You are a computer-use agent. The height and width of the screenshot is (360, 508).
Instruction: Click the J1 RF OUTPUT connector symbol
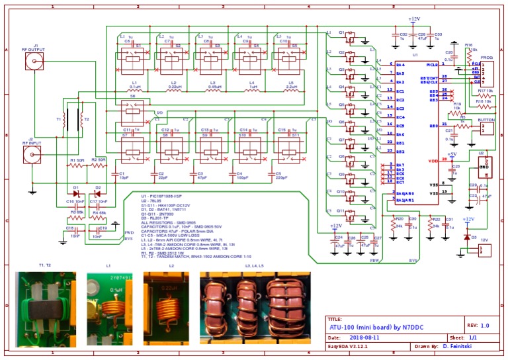[33, 62]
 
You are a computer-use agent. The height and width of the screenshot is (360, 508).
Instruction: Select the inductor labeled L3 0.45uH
[215, 92]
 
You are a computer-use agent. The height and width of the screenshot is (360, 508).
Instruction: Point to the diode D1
[76, 194]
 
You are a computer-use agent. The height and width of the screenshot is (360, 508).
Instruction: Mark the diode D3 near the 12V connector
[467, 236]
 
